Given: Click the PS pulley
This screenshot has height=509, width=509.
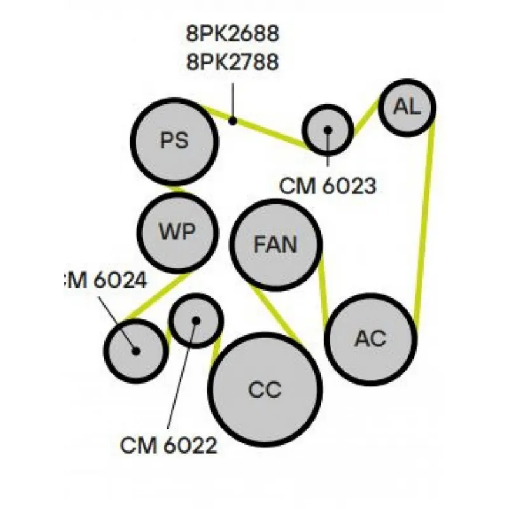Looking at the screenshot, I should click(x=174, y=141).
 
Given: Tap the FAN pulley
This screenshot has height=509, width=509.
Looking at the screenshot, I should click(x=275, y=245).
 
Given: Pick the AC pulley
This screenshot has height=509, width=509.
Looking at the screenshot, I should click(x=371, y=338).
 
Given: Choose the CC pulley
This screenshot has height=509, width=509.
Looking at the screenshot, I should click(x=265, y=389).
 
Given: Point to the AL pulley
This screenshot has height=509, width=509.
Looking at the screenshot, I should click(x=407, y=107).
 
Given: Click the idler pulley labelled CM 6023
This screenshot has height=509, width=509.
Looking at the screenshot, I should click(x=328, y=129).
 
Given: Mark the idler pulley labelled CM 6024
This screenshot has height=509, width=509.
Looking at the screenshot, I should click(x=136, y=350).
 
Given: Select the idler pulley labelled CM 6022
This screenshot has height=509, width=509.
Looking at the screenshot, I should click(x=196, y=320).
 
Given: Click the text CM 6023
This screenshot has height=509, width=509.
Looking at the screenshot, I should click(x=328, y=186).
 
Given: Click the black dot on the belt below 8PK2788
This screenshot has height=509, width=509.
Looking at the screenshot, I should click(x=233, y=120).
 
